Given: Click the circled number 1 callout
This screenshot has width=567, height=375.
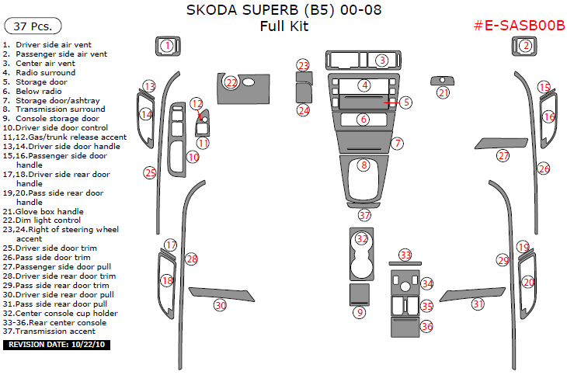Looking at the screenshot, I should pyautogui.click(x=167, y=46).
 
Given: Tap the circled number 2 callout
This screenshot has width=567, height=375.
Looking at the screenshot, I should pyautogui.click(x=526, y=46).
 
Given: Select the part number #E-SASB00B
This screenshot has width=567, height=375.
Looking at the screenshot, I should pyautogui.click(x=518, y=26).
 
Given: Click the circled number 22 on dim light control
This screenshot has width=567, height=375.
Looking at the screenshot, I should pyautogui.click(x=231, y=82).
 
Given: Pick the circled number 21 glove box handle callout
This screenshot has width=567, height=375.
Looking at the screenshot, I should pyautogui.click(x=443, y=92).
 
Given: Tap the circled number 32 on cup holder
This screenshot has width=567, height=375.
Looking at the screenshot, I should pyautogui.click(x=361, y=238).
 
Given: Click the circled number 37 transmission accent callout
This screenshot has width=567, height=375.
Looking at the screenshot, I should pyautogui.click(x=364, y=214).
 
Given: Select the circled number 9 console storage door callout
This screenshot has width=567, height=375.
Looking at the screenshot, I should pyautogui.click(x=359, y=312).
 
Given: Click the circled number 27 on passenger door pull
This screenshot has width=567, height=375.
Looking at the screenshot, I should pyautogui.click(x=503, y=156).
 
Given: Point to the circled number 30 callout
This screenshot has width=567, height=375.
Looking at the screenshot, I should pyautogui.click(x=221, y=305).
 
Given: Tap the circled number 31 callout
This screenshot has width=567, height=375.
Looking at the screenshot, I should pyautogui.click(x=478, y=304).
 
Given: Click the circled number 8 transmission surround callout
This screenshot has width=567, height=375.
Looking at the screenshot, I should pyautogui.click(x=363, y=165).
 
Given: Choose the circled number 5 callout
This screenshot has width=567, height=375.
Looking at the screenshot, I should pyautogui.click(x=406, y=102).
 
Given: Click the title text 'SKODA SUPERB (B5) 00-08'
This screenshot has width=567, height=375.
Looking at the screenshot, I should pyautogui.click(x=283, y=11).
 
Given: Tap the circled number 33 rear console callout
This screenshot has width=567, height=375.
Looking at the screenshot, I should pyautogui.click(x=405, y=255).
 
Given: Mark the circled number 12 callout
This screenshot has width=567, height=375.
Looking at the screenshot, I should pyautogui.click(x=197, y=103).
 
